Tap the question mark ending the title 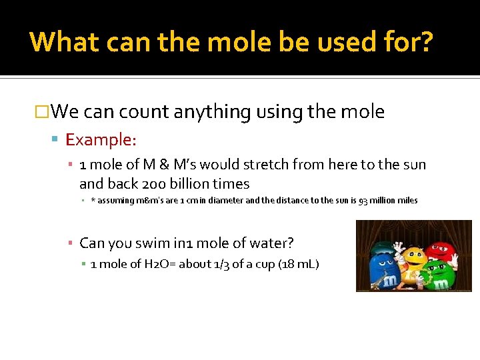pos(425,41)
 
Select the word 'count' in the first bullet pos(144,112)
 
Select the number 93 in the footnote pos(364,201)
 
